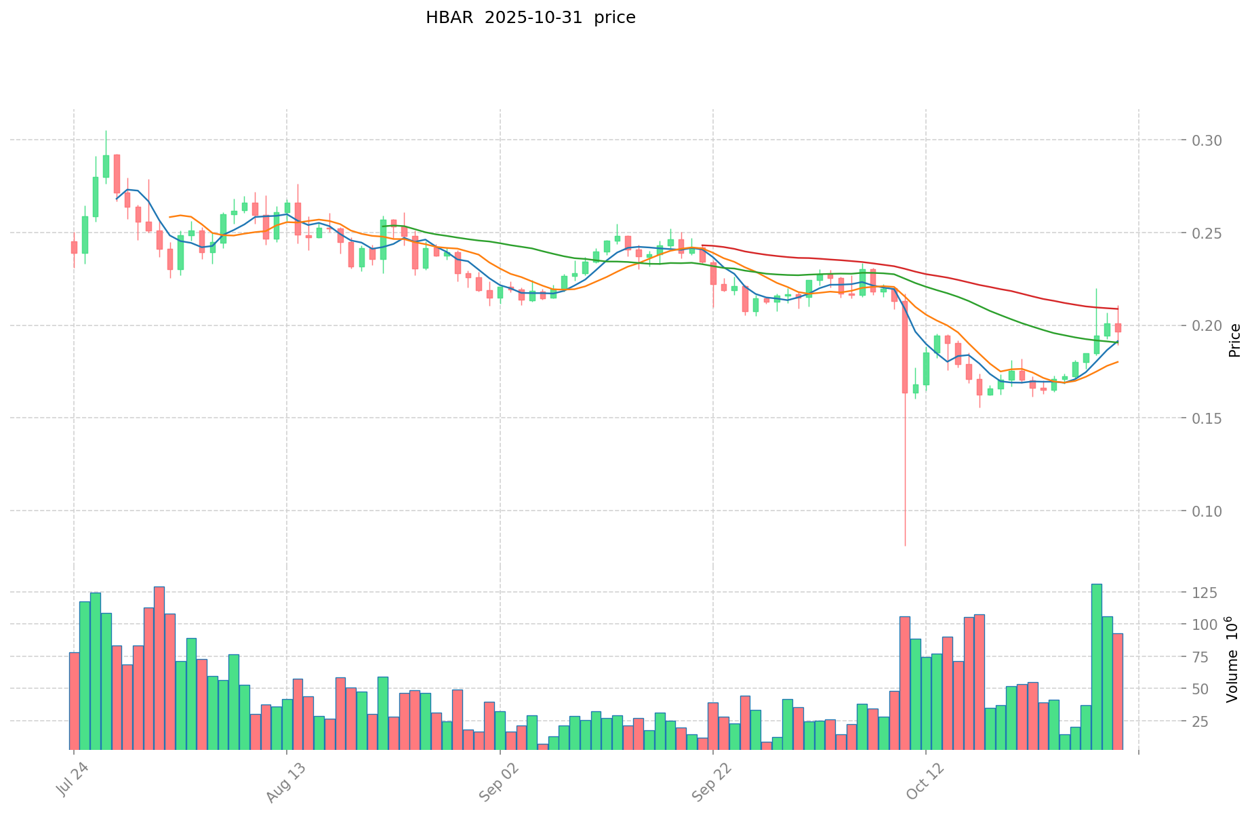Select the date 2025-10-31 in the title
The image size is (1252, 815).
[531, 18]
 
